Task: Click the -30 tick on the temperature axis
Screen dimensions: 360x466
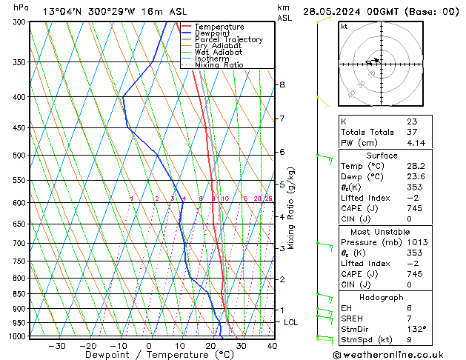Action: pos(56,346)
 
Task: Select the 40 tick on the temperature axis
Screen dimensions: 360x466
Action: pos(272,346)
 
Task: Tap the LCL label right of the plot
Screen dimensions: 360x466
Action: pos(290,322)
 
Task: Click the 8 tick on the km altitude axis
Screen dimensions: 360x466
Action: pos(282,84)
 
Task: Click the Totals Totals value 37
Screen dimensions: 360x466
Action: pos(412,132)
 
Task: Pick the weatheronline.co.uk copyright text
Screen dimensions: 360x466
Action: pos(397,354)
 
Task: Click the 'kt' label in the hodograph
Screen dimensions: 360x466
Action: pos(344,27)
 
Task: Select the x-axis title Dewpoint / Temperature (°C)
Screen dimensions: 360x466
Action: pos(150,355)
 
